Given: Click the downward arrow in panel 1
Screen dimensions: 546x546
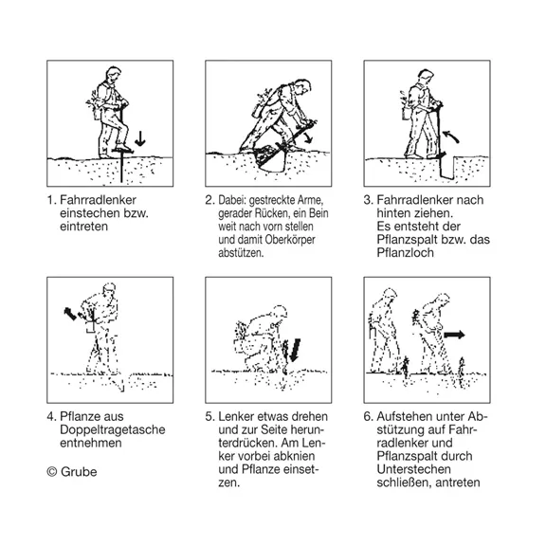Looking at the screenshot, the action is click(x=140, y=138).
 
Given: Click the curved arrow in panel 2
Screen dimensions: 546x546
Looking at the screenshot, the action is click(x=308, y=136).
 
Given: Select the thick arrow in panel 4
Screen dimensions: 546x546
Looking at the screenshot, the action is click(x=70, y=314).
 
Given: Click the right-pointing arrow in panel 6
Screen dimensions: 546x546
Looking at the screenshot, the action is click(x=455, y=335).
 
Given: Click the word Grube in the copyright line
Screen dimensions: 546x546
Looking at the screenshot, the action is click(x=79, y=472).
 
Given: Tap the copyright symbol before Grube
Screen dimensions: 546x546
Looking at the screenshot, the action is click(x=52, y=472).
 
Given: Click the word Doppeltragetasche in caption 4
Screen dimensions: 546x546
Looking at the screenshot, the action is click(x=113, y=429).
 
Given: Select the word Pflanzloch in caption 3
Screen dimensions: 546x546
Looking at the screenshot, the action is click(x=406, y=252).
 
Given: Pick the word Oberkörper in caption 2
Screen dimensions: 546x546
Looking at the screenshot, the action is click(x=290, y=240).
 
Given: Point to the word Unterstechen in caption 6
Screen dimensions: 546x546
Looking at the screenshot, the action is click(x=413, y=469).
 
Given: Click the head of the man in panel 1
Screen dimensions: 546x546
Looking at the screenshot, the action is click(x=113, y=74).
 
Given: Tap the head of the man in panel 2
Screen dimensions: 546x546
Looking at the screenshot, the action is click(x=303, y=86).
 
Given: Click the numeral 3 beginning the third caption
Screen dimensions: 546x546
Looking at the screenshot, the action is click(x=367, y=200).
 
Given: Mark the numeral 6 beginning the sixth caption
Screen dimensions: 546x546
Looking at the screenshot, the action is click(x=367, y=416).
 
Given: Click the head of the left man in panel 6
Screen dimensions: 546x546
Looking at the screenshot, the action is click(x=390, y=296).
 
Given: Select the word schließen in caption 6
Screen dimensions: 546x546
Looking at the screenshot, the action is click(x=404, y=482).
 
